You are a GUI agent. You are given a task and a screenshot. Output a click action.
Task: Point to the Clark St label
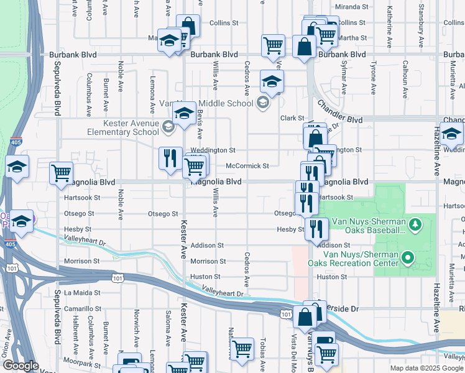tap(290, 118)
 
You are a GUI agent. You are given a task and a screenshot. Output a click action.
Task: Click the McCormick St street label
tap(247, 166)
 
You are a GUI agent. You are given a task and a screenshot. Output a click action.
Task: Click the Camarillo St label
tap(82, 308)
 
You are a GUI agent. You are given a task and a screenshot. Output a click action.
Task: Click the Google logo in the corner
tap(21, 366)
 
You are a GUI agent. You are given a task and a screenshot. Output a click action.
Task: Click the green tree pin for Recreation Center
tap(408, 256)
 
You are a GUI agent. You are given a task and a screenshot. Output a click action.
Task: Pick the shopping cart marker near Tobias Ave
tap(241, 348)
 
